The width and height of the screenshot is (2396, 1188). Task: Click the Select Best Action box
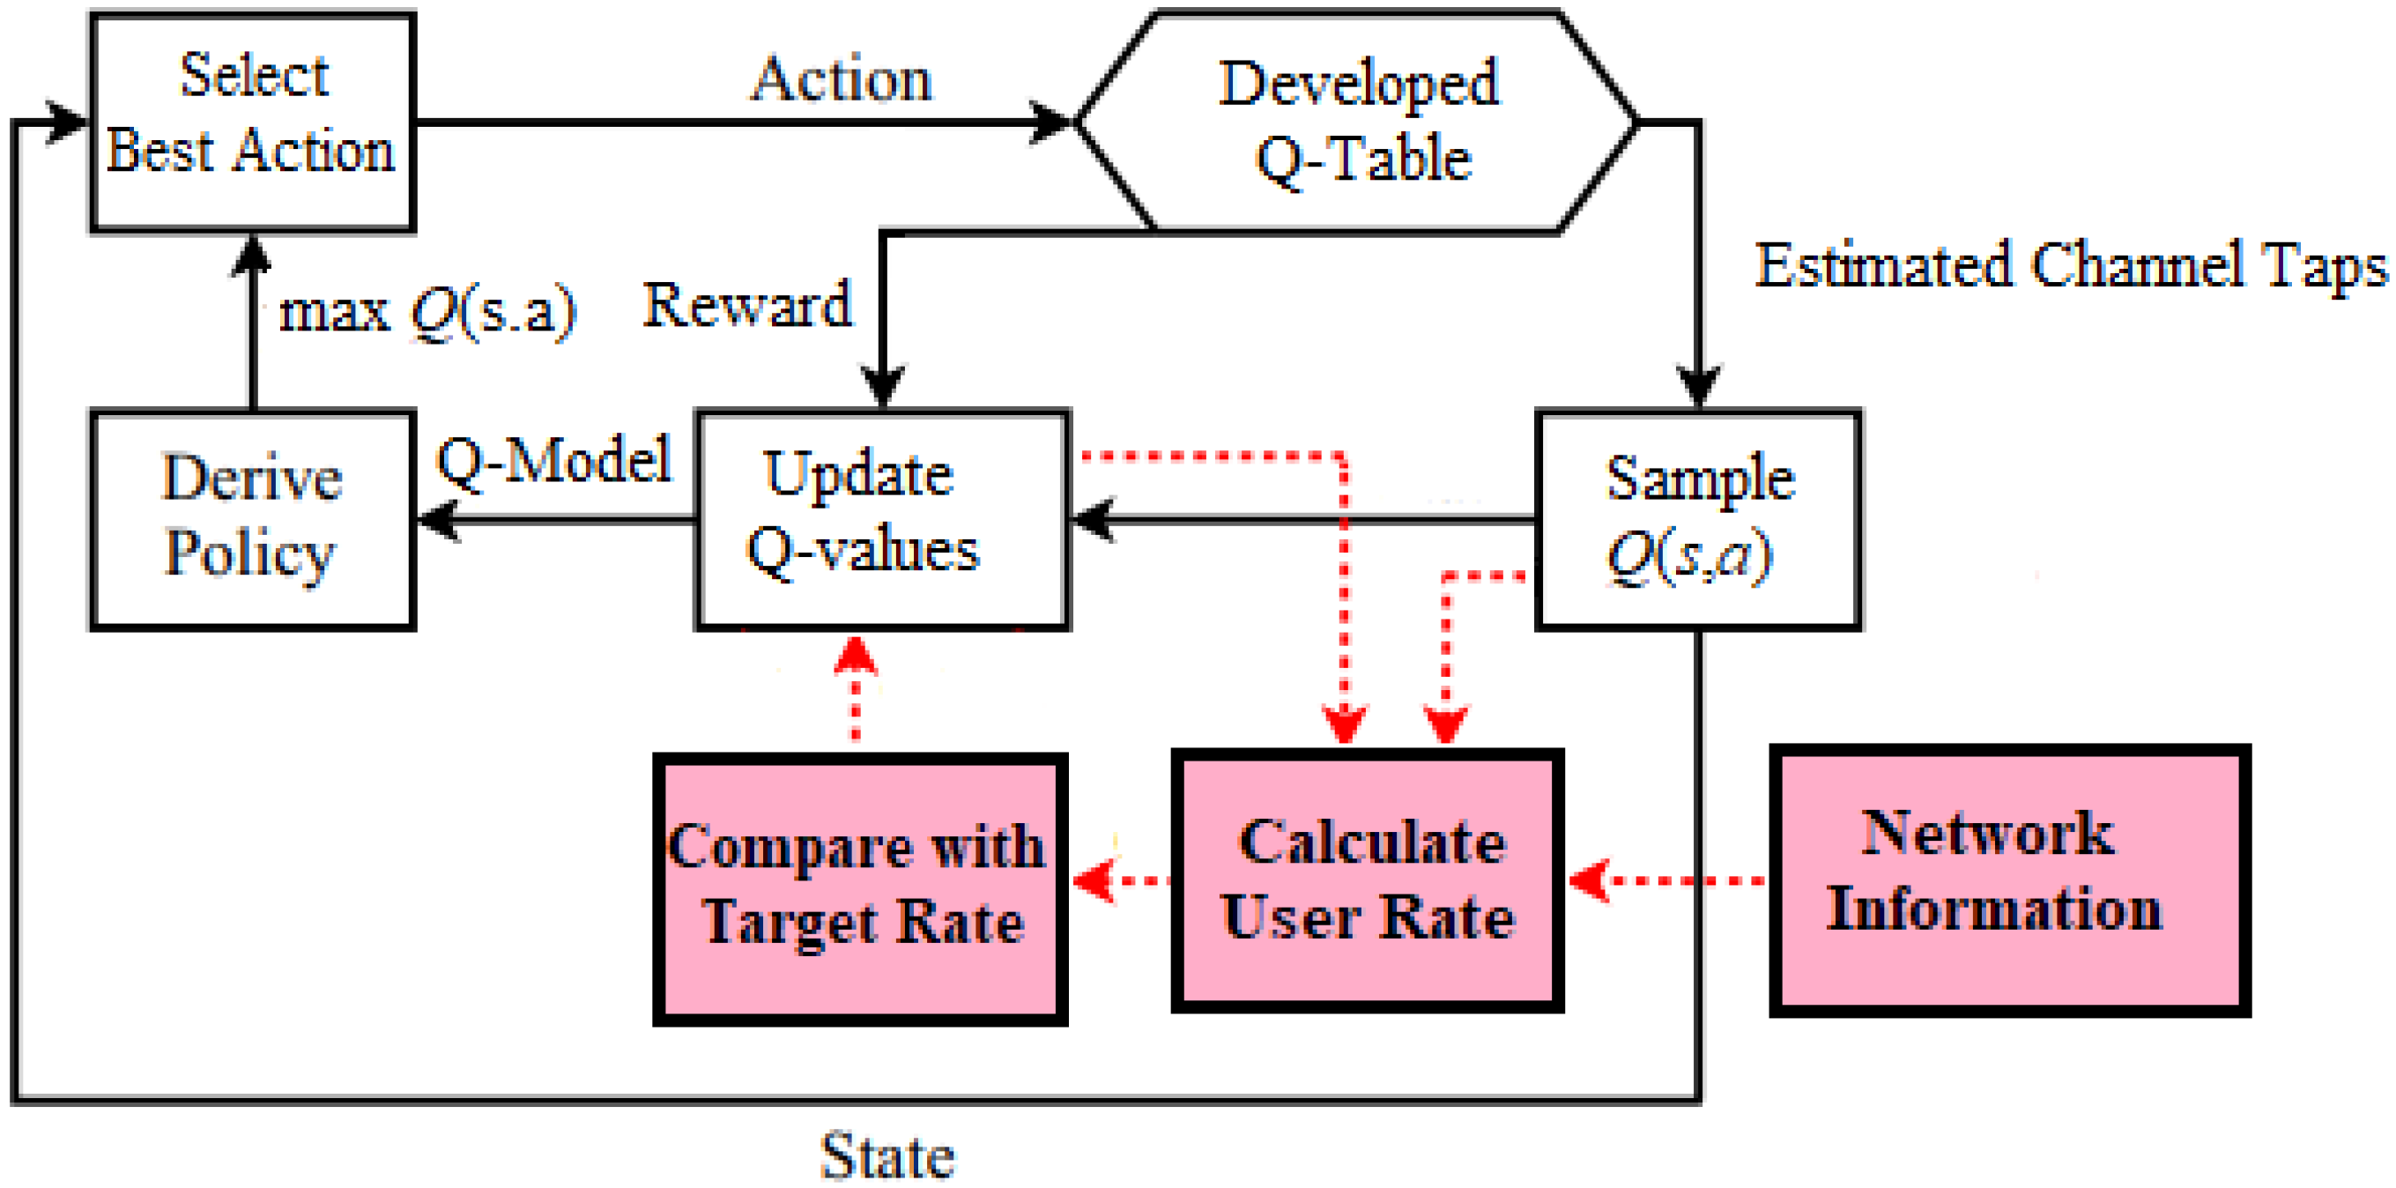pos(252,121)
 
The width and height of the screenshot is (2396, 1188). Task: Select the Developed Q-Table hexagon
pos(1358,121)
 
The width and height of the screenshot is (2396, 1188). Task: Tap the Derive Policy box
pos(252,519)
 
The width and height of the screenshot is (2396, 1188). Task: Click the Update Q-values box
pos(882,519)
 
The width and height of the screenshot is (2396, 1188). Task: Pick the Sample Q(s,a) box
pos(1697,519)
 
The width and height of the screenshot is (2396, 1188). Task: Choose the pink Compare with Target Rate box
pos(859,888)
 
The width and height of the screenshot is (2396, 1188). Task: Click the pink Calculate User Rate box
pos(1367,880)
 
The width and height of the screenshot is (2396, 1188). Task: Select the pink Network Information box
pos(2009,880)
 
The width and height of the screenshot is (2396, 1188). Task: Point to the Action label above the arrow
pos(842,79)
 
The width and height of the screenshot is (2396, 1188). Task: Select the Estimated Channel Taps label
pos(2070,265)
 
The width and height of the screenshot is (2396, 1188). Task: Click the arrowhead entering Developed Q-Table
pos(1051,122)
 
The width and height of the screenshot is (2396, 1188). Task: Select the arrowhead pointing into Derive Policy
pos(437,519)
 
